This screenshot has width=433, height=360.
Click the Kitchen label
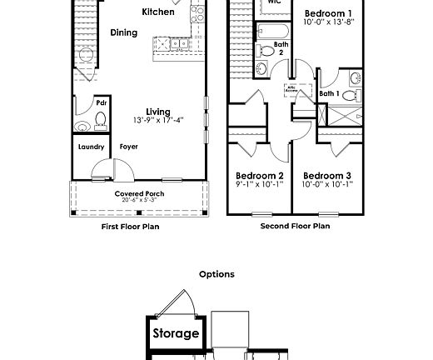158,12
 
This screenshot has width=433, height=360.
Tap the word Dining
124,32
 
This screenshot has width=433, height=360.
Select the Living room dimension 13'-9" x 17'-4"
158,120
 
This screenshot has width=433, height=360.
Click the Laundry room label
92,147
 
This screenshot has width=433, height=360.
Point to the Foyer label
128,147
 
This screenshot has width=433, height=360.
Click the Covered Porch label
139,193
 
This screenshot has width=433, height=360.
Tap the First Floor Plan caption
130,226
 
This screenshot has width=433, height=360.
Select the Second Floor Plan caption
295,226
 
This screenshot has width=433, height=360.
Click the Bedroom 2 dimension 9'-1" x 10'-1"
259,184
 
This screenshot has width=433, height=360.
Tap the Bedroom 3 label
326,175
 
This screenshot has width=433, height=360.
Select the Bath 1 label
330,93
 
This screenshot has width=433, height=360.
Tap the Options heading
216,274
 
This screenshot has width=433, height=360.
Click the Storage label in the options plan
176,333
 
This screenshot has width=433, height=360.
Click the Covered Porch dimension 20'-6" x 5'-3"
139,200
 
